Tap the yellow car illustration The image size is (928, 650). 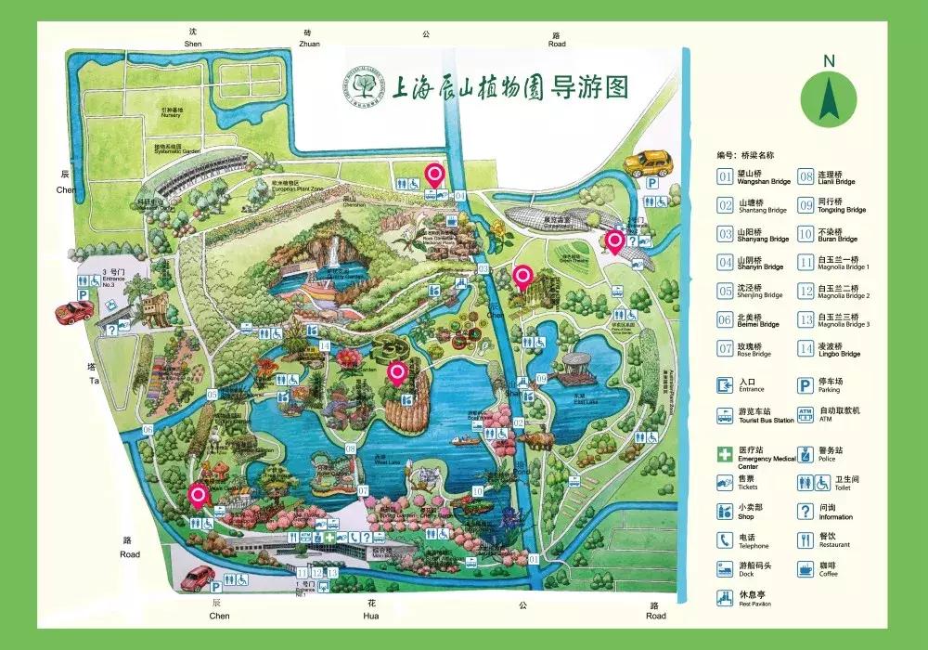pos(646,164)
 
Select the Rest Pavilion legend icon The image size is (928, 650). pos(724,598)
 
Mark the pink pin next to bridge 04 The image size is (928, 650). pos(433,174)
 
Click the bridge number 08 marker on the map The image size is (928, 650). pos(351,449)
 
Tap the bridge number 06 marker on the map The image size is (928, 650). pos(148,429)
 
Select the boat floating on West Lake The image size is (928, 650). pos(461,440)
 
